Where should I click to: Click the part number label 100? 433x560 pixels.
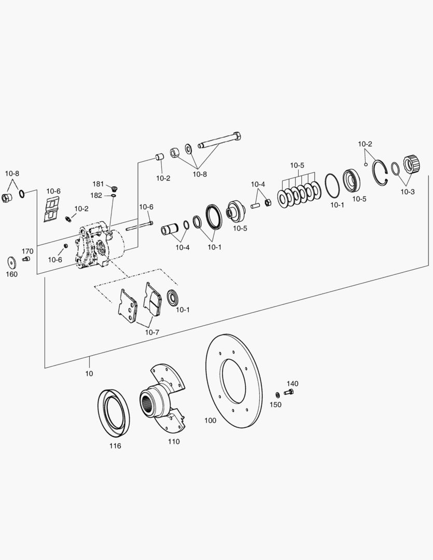coord(210,421)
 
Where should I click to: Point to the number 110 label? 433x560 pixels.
coord(173,441)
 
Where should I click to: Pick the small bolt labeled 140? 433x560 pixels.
coord(289,393)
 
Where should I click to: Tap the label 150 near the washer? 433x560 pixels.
coord(276,404)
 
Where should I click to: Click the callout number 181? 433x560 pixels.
coord(98,184)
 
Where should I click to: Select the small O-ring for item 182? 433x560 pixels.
coord(113,195)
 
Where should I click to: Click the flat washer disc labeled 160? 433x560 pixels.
coord(11,261)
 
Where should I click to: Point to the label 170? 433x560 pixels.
coord(27,251)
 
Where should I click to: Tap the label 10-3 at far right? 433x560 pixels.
coord(407,191)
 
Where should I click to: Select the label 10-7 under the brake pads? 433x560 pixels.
coord(152,332)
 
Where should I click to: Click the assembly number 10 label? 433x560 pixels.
coord(89,373)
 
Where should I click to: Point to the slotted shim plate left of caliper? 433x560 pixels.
coord(52,210)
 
